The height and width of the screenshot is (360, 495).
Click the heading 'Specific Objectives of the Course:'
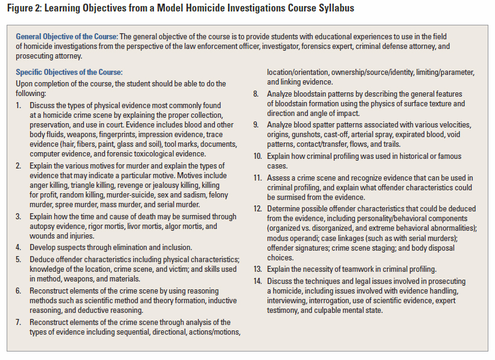[x=69, y=72]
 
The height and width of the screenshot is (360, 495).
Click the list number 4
[x=19, y=247]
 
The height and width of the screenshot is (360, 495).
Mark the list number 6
[x=19, y=291]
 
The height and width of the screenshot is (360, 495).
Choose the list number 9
[x=256, y=124]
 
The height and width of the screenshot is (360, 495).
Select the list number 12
[x=257, y=208]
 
